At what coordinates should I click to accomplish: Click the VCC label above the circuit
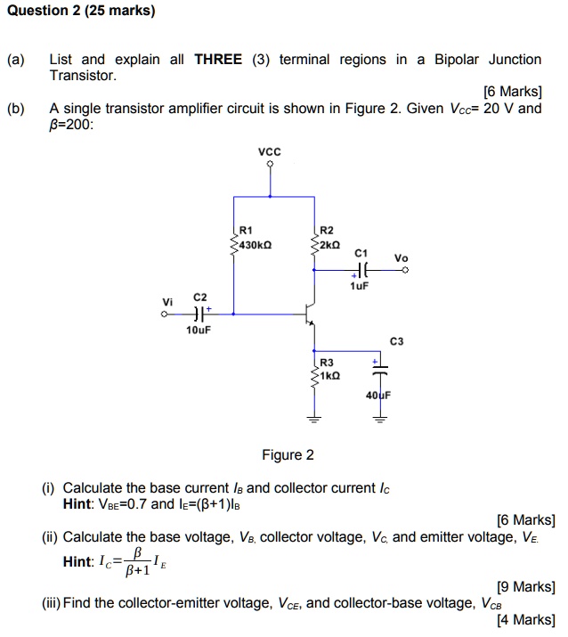click(x=269, y=151)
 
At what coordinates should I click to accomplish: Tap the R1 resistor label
click(x=247, y=230)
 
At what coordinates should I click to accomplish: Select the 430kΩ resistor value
click(x=256, y=242)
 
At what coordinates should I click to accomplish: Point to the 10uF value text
click(x=199, y=331)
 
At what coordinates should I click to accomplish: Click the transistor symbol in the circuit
click(x=309, y=314)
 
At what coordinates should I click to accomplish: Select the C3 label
click(x=396, y=341)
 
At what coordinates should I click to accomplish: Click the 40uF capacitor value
click(x=377, y=393)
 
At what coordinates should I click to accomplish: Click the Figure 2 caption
click(x=288, y=455)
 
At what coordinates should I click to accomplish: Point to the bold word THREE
click(x=217, y=60)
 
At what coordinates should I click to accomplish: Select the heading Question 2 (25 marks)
click(x=78, y=12)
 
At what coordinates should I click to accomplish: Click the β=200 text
click(x=70, y=125)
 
